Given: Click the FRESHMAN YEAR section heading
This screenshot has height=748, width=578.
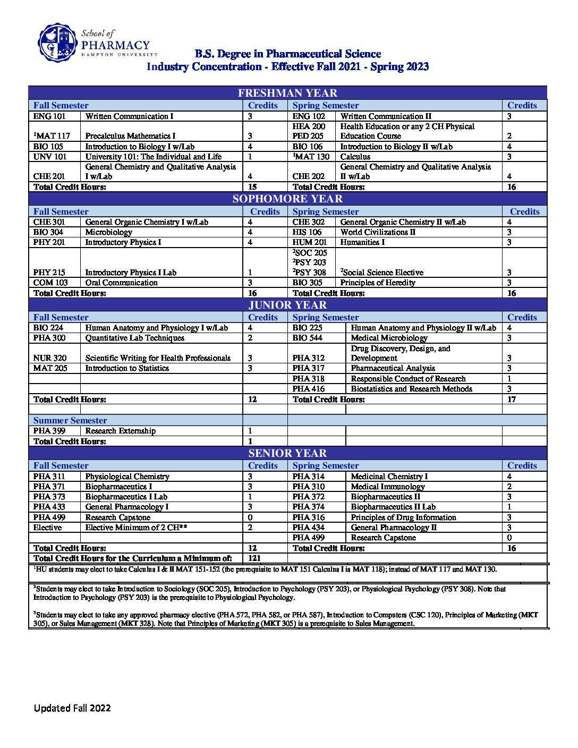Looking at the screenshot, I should [x=287, y=93].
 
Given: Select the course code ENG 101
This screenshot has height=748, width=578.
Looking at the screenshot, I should [x=49, y=116].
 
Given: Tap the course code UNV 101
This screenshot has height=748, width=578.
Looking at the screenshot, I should [x=50, y=157].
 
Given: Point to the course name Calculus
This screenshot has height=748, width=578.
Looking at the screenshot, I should [x=355, y=157].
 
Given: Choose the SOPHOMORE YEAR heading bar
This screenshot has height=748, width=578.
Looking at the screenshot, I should [x=287, y=199].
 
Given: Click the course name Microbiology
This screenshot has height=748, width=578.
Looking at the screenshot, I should [x=109, y=232].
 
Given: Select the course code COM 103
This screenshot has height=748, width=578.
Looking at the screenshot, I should [x=50, y=283].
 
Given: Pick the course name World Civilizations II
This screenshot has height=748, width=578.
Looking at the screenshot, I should [x=378, y=232].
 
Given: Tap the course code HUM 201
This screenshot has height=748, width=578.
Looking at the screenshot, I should [x=309, y=242].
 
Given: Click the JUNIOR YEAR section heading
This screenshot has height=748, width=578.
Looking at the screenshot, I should [x=287, y=305].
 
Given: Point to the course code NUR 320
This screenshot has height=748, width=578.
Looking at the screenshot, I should [x=50, y=358].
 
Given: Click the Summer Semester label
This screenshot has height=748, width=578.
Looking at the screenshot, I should [x=70, y=420].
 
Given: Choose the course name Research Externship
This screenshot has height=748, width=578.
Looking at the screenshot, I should [x=121, y=431].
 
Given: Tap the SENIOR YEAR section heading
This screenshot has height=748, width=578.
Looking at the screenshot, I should [x=287, y=453].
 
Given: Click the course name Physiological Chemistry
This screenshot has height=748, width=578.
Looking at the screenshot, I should [x=127, y=477].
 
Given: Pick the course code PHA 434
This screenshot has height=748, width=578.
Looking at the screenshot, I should [x=308, y=528].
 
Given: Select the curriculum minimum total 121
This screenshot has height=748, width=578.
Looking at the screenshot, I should [x=254, y=558].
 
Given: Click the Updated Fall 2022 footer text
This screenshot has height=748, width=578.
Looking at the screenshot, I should [x=72, y=708].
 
